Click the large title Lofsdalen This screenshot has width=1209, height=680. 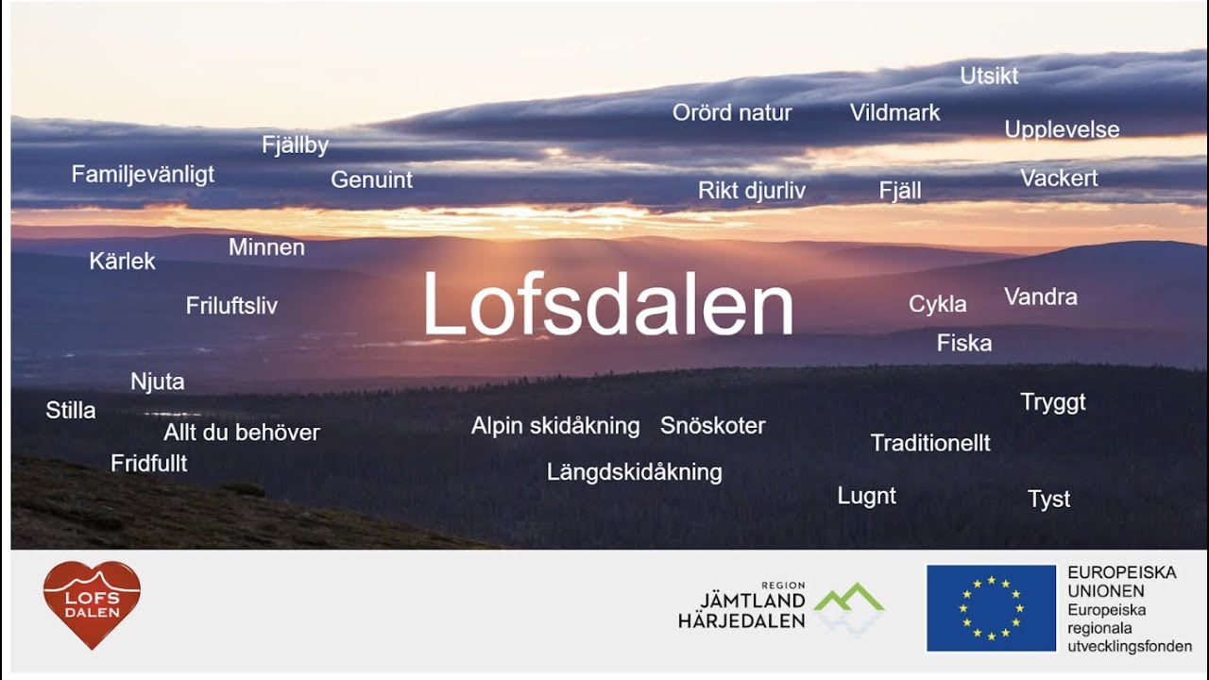(x=607, y=305)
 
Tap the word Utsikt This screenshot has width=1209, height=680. (x=989, y=76)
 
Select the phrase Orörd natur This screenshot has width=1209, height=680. (x=732, y=113)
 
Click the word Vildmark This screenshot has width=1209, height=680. (x=894, y=113)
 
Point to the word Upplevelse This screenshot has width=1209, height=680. (x=1062, y=130)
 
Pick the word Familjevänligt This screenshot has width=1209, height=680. (x=143, y=175)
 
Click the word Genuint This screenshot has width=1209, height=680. (x=371, y=179)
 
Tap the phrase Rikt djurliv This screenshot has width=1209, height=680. (x=752, y=191)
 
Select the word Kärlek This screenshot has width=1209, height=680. (x=122, y=262)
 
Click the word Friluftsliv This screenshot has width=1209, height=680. (x=231, y=306)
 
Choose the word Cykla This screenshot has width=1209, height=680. (x=937, y=304)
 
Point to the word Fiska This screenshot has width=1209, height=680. (x=964, y=343)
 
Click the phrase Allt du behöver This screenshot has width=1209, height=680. (x=242, y=433)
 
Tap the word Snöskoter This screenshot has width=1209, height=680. (x=713, y=426)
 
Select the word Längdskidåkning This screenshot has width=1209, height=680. (x=635, y=472)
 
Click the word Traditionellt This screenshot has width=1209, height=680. (x=930, y=443)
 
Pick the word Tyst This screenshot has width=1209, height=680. (x=1048, y=500)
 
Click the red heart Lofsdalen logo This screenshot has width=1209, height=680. (x=92, y=603)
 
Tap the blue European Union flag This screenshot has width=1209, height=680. (x=991, y=608)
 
